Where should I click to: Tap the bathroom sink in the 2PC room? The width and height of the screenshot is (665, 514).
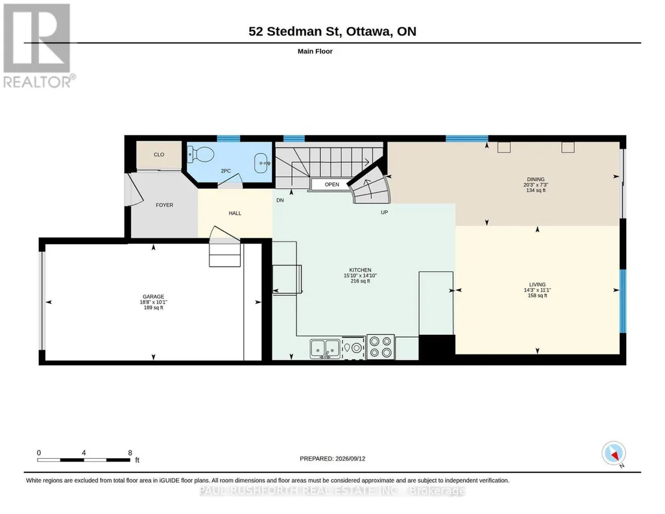pos(262,162)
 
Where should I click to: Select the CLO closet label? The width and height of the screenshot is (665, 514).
pos(159,154)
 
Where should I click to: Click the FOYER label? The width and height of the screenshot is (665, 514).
pos(165,205)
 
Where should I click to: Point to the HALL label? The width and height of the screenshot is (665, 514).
pos(235,214)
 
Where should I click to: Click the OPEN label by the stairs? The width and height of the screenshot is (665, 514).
pos(332,184)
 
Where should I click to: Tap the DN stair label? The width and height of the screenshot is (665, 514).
pos(280,200)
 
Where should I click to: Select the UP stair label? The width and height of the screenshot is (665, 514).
pos(384,212)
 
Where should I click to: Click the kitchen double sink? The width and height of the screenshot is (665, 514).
pos(325,349)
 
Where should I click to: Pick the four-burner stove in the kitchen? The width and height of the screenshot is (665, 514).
pos(380,347)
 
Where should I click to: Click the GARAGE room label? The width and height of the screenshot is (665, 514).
pos(153,297)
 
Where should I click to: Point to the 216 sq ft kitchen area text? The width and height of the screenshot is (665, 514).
pos(361,281)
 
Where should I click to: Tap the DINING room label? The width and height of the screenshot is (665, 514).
pos(536,179)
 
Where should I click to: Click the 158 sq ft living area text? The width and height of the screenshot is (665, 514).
pos(537,295)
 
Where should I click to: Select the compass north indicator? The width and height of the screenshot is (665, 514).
pos(614,454)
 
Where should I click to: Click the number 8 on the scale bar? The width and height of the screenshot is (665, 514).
pos(130,452)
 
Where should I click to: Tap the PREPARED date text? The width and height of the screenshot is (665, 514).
pos(332,458)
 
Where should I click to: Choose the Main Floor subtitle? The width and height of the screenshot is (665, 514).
pos(315,51)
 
